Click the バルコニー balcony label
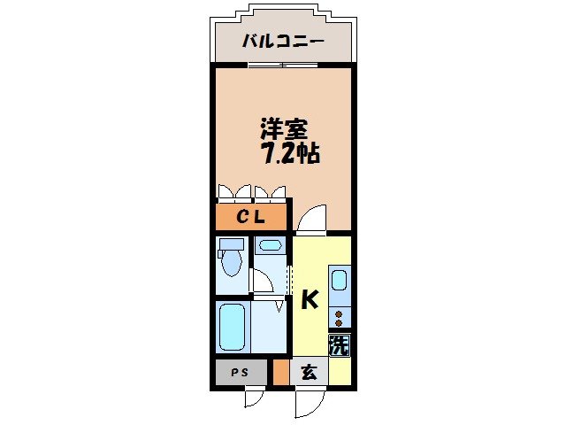pyautogui.click(x=283, y=42)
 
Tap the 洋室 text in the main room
pyautogui.click(x=283, y=127)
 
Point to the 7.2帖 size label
pyautogui.click(x=289, y=152)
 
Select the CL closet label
pyautogui.click(x=250, y=217)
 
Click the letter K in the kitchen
pyautogui.click(x=309, y=301)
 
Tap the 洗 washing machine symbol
pyautogui.click(x=340, y=344)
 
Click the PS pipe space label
pyautogui.click(x=239, y=373)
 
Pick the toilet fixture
pyautogui.click(x=232, y=259)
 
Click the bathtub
pyautogui.click(x=232, y=327)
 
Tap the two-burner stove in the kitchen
pyautogui.click(x=340, y=316)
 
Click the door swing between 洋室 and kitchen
pyautogui.click(x=312, y=217)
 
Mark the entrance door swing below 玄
pyautogui.click(x=309, y=402)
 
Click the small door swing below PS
pyautogui.click(x=254, y=398)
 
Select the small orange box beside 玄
pyautogui.click(x=280, y=373)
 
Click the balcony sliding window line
pyautogui.click(x=283, y=65)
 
